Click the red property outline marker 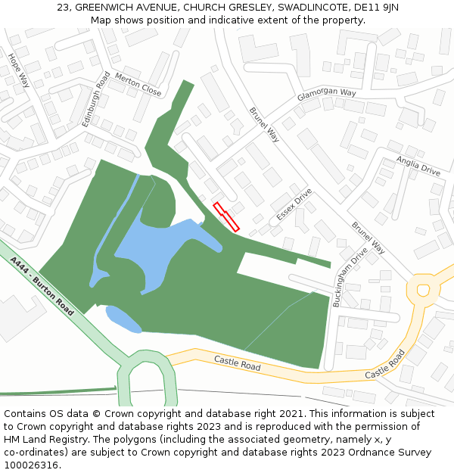tap(226, 217)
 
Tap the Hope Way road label tap(18, 70)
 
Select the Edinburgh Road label tap(96, 98)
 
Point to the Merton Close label tap(138, 85)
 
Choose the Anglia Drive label tap(418, 166)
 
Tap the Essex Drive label tap(294, 204)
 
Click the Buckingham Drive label tap(350, 276)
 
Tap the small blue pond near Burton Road tap(123, 318)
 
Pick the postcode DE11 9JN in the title tap(376, 8)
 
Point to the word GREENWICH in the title tap(107, 8)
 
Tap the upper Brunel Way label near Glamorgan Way tap(264, 124)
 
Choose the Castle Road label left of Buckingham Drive tap(237, 363)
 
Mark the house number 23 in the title tap(63, 8)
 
